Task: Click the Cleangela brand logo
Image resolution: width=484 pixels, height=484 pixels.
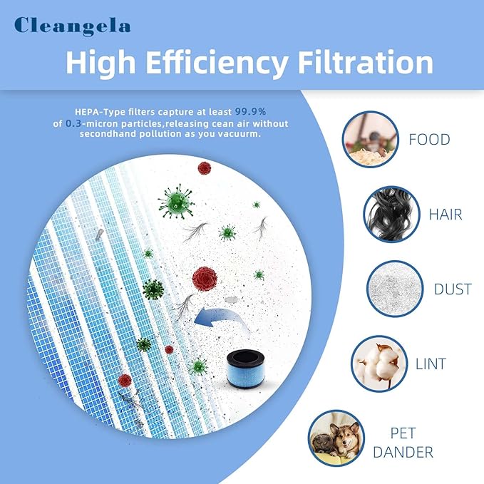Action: click(x=72, y=26)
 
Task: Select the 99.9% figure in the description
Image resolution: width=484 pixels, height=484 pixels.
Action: click(x=251, y=111)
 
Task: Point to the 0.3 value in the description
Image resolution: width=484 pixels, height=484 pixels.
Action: click(x=73, y=123)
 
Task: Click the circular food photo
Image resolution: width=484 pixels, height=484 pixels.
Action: click(x=370, y=139)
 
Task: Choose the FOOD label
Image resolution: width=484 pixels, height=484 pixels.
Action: click(x=429, y=140)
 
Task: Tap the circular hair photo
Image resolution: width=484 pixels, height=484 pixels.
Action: click(x=391, y=215)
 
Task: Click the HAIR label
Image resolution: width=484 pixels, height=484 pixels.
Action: click(x=446, y=215)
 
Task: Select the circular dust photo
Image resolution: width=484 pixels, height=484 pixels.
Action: click(x=395, y=289)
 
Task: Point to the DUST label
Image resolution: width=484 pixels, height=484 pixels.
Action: click(x=453, y=289)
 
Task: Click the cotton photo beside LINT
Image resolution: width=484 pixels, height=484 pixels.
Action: click(x=379, y=364)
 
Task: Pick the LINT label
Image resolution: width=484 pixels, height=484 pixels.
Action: click(x=431, y=364)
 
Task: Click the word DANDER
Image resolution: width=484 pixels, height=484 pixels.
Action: click(x=403, y=452)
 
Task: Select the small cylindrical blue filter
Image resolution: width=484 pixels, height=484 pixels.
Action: click(x=246, y=369)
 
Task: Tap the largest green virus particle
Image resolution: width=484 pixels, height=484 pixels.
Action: click(x=176, y=202)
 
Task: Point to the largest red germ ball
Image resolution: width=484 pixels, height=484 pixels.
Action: click(x=205, y=279)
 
